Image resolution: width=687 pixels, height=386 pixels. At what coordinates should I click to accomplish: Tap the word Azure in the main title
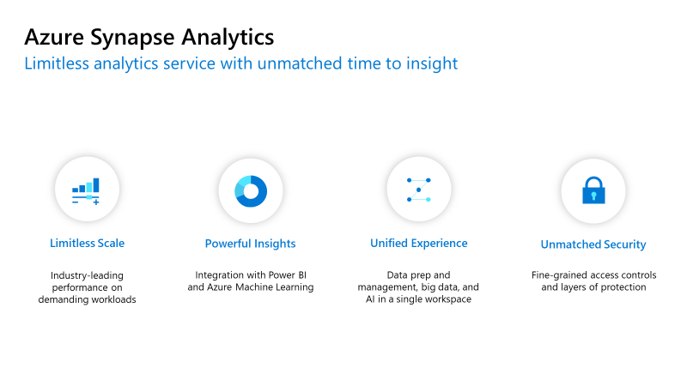[x=54, y=37]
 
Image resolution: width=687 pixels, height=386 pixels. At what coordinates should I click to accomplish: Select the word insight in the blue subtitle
[x=432, y=63]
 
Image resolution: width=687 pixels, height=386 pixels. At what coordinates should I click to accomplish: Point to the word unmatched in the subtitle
[x=300, y=63]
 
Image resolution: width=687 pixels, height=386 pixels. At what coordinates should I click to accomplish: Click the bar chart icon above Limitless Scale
[x=86, y=191]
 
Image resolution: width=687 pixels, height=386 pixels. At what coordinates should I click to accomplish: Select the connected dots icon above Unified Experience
[x=419, y=190]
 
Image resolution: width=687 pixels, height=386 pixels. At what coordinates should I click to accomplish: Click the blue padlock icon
[x=593, y=190]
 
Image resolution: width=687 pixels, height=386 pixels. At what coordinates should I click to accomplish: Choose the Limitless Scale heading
[x=88, y=244]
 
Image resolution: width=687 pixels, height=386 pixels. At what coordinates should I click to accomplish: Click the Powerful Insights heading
[x=250, y=244]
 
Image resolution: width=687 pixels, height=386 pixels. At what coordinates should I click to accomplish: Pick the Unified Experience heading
[x=419, y=244]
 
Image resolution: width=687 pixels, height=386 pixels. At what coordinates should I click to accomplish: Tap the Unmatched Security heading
[x=593, y=244]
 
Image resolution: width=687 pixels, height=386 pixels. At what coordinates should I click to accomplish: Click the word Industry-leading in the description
[x=88, y=275]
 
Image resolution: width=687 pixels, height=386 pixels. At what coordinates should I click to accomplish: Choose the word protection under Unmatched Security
[x=623, y=287]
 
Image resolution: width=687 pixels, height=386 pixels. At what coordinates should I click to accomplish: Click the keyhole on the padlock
[x=593, y=196]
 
